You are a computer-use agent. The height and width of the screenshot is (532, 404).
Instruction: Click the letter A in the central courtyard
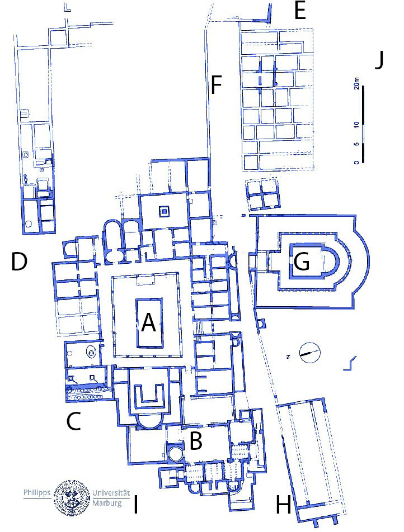(148, 322)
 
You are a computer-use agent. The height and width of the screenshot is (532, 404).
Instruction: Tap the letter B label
(196, 441)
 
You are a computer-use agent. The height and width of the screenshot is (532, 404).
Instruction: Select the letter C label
(73, 421)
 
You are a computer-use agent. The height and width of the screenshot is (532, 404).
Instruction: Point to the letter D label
(19, 262)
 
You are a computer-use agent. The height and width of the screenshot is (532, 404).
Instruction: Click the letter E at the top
(300, 11)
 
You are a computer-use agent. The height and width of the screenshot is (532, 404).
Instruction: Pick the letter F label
(216, 85)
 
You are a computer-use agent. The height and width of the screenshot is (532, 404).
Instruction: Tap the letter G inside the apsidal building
(302, 262)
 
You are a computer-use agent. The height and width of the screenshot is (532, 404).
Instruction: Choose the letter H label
(284, 505)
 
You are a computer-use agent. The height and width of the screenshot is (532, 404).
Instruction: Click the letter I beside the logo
(136, 505)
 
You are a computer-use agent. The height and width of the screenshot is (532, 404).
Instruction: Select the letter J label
(379, 60)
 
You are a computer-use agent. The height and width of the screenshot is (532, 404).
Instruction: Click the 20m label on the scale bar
(356, 83)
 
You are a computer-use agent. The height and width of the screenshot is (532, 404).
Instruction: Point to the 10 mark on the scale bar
(356, 125)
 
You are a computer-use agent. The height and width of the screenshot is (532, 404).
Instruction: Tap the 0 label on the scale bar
(356, 162)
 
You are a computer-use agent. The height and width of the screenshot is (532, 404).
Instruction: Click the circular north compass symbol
(310, 353)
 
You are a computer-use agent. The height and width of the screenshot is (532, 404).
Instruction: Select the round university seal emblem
(72, 498)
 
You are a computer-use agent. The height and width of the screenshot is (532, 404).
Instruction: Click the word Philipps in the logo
(37, 493)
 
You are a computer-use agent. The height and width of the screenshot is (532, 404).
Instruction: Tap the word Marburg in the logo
(107, 502)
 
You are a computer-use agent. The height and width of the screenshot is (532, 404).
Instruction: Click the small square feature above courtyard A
(164, 211)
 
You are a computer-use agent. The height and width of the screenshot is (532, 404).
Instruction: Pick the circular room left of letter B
(175, 453)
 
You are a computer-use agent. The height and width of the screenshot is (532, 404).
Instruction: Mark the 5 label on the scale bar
(356, 144)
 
